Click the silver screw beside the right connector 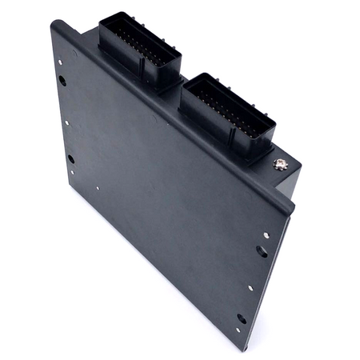(280, 166)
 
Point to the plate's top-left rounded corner (54, 26)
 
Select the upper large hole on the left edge (62, 80)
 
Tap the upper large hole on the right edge (262, 250)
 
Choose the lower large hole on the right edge (242, 318)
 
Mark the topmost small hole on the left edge (74, 54)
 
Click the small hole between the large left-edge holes (67, 123)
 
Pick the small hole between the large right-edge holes (250, 289)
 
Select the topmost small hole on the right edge (266, 235)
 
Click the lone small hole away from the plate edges (98, 190)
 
